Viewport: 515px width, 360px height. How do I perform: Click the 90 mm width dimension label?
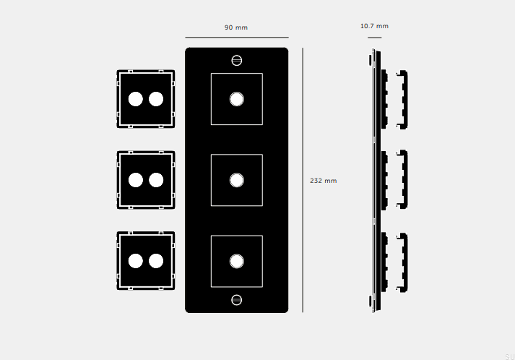click(x=235, y=27)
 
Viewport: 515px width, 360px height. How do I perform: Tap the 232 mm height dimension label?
click(x=323, y=181)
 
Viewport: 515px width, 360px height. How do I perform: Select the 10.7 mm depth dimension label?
click(x=374, y=26)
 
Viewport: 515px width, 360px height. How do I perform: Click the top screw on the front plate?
click(x=236, y=61)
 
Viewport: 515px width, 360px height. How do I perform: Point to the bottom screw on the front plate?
click(x=236, y=300)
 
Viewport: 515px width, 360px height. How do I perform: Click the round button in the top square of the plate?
click(x=236, y=99)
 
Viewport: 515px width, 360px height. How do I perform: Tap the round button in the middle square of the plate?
click(x=236, y=180)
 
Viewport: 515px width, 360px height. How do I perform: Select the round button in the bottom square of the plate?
click(x=236, y=262)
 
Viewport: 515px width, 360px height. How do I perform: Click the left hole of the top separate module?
click(x=136, y=99)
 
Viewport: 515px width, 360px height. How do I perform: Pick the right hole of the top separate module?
click(x=156, y=99)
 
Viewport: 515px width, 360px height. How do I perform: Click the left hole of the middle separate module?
click(x=136, y=180)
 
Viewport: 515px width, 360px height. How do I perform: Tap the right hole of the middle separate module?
click(x=156, y=180)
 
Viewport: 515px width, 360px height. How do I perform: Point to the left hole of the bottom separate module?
click(x=136, y=261)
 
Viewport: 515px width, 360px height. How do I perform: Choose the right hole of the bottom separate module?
click(x=156, y=261)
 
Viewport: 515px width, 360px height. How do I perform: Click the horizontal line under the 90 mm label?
click(x=237, y=38)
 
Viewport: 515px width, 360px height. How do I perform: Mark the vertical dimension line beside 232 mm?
click(x=303, y=180)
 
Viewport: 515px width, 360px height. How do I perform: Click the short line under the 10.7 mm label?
click(x=374, y=38)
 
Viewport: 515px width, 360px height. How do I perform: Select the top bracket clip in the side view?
click(x=402, y=100)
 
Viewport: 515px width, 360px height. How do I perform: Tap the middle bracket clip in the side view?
click(x=402, y=179)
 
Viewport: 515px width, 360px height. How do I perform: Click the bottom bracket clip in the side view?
click(x=402, y=262)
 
